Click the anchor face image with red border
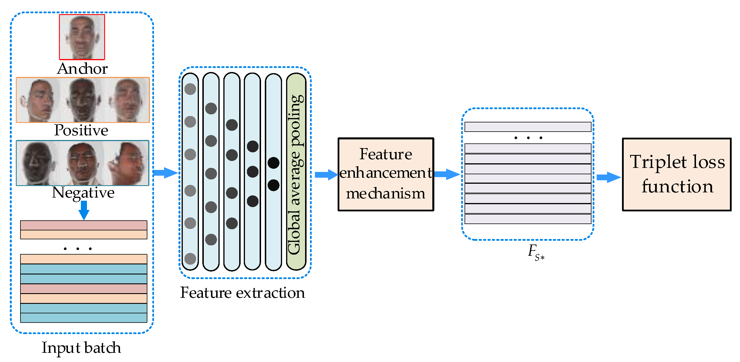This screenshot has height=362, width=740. coord(82,37)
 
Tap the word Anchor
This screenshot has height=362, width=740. coord(82,69)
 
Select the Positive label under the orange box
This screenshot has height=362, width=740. coord(81,130)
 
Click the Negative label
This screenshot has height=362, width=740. coord(83,193)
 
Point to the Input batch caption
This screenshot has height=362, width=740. coord(81,348)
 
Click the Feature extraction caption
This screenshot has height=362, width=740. coord(242,293)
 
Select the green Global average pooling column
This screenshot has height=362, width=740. coord(296,172)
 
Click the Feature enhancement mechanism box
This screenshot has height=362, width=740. coord(386,174)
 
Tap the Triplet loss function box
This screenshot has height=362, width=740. coord(677,175)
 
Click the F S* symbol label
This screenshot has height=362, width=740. coord(535,252)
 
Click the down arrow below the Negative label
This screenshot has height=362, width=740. coord(84,210)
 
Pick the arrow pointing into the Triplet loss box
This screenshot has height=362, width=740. coord(608,177)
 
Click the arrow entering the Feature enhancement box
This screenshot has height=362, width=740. coord(326,175)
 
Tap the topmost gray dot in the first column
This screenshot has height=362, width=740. coord(190,89)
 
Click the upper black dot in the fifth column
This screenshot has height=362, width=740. coord(273,163)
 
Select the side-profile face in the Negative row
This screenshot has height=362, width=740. coord(127,163)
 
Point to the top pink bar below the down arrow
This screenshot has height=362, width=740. coord(84,225)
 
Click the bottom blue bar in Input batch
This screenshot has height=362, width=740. coord(84,318)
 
